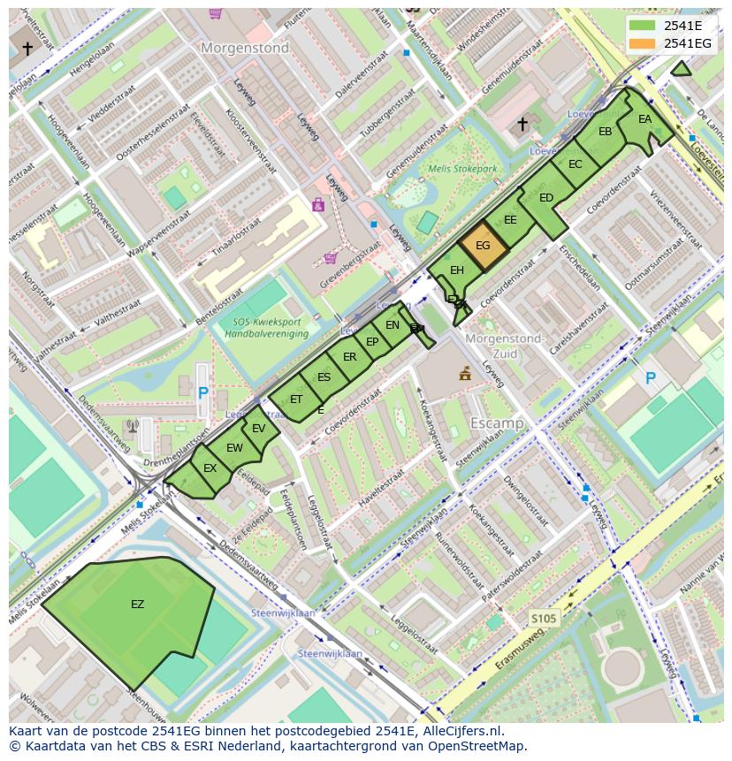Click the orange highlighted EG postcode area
tap(483, 247)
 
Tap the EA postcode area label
tap(644, 120)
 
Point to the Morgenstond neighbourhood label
tap(245, 49)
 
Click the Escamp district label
tap(496, 423)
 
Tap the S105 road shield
tap(544, 618)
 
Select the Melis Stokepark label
tap(462, 168)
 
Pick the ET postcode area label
tap(296, 400)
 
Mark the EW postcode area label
tap(234, 448)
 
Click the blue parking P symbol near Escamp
tap(651, 378)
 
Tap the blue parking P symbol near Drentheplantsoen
tap(203, 392)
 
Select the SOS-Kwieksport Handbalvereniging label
tap(265, 328)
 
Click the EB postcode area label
tap(605, 133)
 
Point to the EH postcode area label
tap(457, 270)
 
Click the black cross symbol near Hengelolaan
tap(27, 49)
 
